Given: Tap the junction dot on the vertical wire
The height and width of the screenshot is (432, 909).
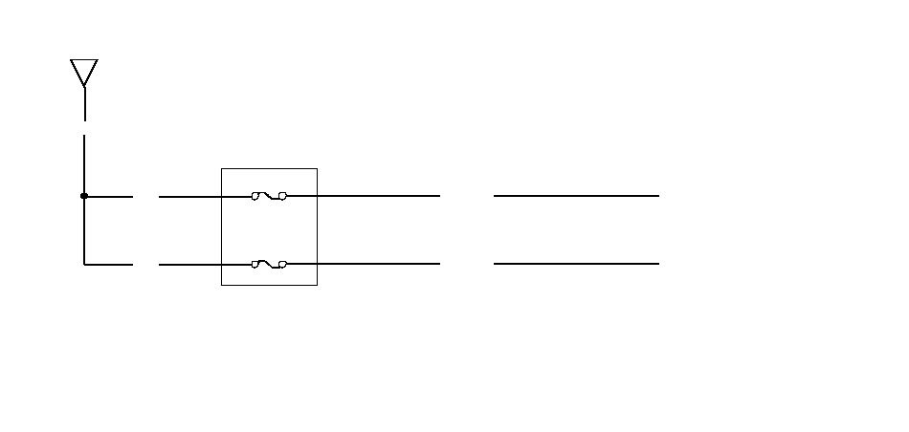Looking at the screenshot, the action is click(84, 196).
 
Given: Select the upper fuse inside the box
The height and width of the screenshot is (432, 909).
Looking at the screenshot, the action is click(269, 196).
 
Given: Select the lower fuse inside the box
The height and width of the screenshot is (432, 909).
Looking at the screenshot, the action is click(269, 264).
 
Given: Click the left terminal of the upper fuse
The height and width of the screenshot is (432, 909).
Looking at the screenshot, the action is click(255, 196).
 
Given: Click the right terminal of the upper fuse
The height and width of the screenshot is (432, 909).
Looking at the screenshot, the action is click(282, 196).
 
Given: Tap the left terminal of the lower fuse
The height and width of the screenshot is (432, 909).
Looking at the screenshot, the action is click(255, 264).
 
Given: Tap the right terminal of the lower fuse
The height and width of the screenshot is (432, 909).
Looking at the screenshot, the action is click(282, 264).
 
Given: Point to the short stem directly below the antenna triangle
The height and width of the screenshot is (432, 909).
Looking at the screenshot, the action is click(84, 104).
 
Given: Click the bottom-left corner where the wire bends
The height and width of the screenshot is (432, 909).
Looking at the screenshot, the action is click(84, 264).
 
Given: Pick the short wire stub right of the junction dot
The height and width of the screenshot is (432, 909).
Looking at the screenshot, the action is click(110, 196).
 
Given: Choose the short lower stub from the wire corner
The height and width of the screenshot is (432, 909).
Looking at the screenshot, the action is click(109, 264).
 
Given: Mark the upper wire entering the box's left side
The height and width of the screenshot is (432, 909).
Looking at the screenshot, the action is click(191, 196).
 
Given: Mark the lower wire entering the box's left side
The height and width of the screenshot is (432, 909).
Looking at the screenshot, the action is click(191, 264).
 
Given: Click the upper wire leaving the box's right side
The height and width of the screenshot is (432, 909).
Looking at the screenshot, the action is click(378, 196).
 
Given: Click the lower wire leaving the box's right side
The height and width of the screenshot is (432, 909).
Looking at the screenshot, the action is click(378, 264).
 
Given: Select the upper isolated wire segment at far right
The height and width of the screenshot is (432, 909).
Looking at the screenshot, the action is click(576, 196).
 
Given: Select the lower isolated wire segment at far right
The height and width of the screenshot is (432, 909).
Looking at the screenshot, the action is click(576, 264).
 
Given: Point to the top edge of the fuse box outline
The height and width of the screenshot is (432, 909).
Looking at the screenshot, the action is click(269, 169).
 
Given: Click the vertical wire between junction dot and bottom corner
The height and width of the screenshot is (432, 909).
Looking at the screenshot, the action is click(84, 230).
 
